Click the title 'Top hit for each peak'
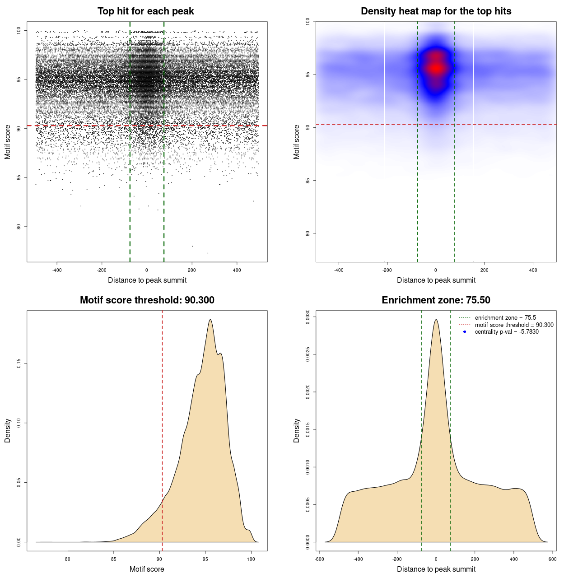coord(146,11)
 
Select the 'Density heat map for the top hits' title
coord(436,11)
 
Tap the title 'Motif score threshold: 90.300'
coord(147,300)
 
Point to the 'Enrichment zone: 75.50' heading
coord(436,300)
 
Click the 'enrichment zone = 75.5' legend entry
coord(505,318)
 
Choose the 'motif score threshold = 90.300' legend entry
coord(514,325)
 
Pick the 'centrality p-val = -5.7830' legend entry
coord(507,332)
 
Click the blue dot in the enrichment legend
coord(465,332)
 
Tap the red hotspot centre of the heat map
coord(436,68)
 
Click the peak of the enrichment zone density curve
coord(436,320)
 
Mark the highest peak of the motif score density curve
coord(210,320)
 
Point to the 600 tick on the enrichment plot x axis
coord(552,559)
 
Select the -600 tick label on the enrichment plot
coord(319,559)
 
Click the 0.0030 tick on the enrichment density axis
coord(308,317)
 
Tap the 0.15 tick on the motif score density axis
coord(19,364)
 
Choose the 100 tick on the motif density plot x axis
coord(251,559)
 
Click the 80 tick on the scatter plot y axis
coord(19,227)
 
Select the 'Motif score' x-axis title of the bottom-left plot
coord(147,569)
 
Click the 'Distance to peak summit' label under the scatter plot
coord(147,280)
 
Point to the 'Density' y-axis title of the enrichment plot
coord(297,430)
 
